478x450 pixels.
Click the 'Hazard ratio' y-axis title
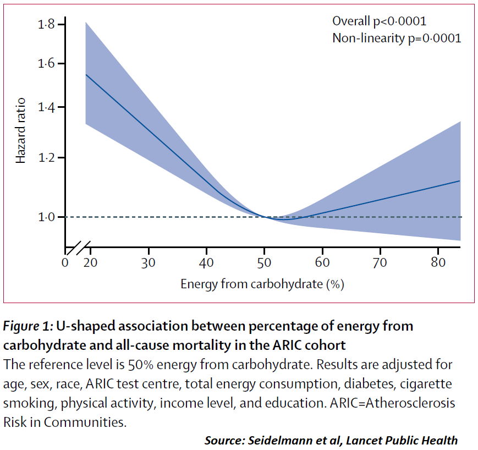20,130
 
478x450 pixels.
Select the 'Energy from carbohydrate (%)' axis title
262,284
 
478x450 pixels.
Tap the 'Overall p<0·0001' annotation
380,21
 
